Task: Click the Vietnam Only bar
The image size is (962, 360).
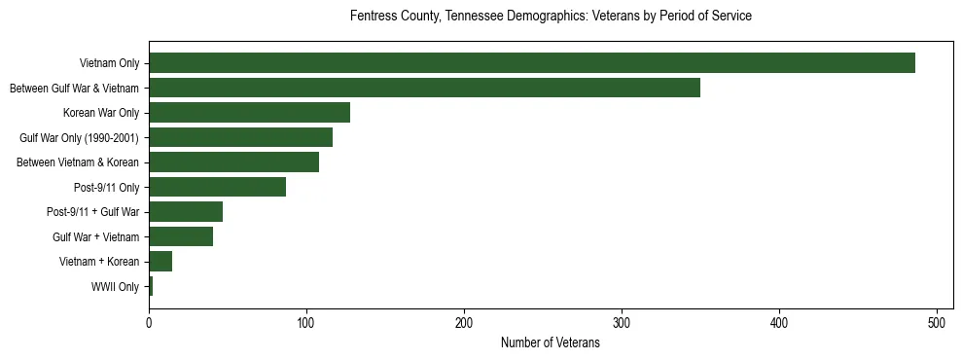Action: (x=532, y=63)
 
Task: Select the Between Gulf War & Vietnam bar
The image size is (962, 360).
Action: (x=424, y=88)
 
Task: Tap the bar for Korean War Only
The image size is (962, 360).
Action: (x=249, y=113)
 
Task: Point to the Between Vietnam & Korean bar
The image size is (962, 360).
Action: (x=233, y=162)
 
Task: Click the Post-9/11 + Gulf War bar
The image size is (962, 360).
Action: (x=186, y=212)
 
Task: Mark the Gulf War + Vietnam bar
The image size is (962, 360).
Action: (x=181, y=236)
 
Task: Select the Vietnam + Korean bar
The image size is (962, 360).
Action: (x=160, y=262)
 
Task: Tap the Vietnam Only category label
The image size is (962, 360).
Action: (x=109, y=64)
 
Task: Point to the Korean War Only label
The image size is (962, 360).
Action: (x=101, y=114)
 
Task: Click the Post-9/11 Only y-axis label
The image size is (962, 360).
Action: (x=107, y=188)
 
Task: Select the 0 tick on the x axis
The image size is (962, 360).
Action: (x=149, y=323)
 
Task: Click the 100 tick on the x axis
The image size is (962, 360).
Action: (x=306, y=323)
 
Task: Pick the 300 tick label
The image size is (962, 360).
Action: (x=622, y=323)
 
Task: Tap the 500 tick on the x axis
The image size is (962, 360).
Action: (x=937, y=323)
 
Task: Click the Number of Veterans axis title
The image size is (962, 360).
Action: (x=550, y=343)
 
